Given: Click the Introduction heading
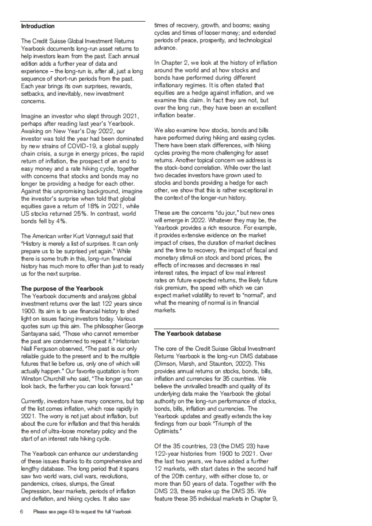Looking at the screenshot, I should click(x=38, y=26).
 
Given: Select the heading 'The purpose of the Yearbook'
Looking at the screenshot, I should click(x=62, y=289).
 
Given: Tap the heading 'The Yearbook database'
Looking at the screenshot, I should click(x=188, y=334).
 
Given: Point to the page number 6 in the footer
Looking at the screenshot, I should click(x=22, y=512).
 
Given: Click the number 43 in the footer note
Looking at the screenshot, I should click(x=71, y=512).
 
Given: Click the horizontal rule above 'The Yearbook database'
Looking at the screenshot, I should click(x=216, y=329).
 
